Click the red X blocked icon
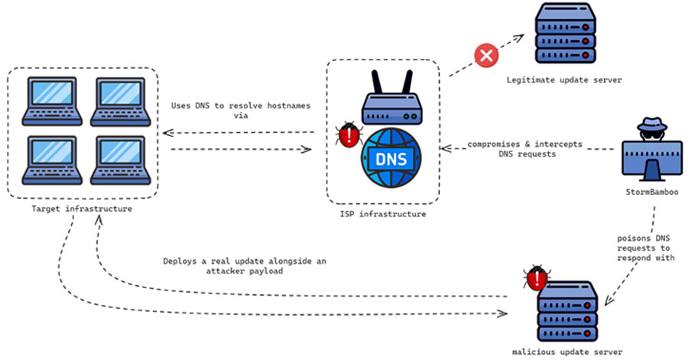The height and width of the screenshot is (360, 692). (486, 56)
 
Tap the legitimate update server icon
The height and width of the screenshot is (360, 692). (565, 33)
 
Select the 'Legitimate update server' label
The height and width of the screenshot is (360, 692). (564, 79)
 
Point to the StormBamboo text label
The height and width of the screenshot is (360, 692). (651, 192)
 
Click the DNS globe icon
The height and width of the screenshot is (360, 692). (391, 157)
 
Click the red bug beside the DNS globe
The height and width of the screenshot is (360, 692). (349, 135)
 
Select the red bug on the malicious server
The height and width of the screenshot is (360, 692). (537, 277)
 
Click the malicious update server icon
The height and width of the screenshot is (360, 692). (567, 311)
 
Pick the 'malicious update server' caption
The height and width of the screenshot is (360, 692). (567, 352)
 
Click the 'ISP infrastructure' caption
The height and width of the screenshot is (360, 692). (382, 214)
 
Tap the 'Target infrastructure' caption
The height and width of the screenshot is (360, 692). (82, 209)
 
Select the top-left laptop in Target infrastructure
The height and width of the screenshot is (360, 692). (52, 102)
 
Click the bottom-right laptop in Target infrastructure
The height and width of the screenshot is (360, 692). (121, 161)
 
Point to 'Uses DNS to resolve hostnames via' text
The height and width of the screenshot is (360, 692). (241, 110)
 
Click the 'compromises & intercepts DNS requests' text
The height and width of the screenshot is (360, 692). (525, 149)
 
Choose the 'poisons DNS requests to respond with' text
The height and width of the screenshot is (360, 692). (645, 248)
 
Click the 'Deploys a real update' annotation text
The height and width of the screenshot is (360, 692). (245, 265)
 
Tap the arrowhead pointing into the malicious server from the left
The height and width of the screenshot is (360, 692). (502, 313)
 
